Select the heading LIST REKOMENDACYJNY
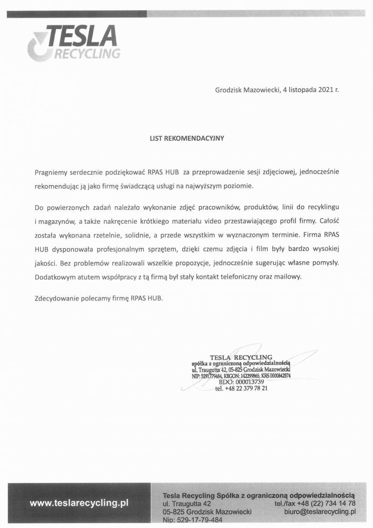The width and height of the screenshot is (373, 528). click(187, 138)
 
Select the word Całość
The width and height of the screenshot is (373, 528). click(327, 219)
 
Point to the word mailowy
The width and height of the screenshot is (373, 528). click(289, 277)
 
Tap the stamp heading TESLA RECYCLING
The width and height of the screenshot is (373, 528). click(241, 358)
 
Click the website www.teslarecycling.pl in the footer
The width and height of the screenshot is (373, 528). click(79, 503)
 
